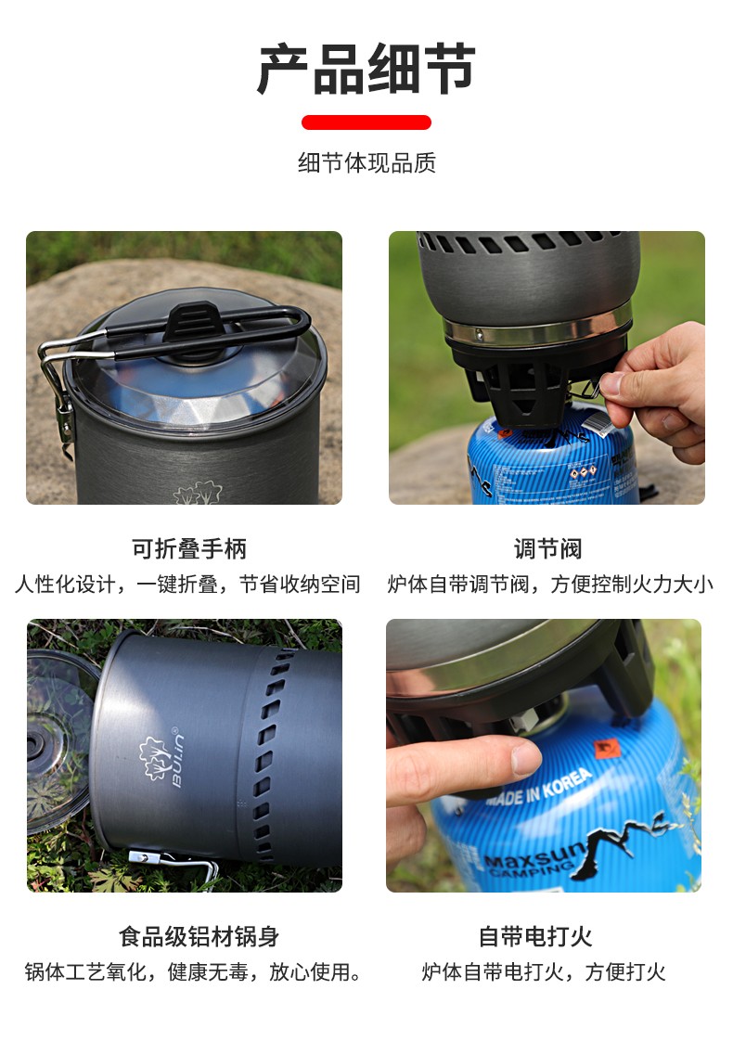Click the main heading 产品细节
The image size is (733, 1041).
point(366,70)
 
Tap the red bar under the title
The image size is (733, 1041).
point(366,122)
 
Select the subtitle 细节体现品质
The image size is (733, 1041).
point(366,163)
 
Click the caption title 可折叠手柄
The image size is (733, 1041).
point(188,548)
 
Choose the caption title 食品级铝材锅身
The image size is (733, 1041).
point(199,936)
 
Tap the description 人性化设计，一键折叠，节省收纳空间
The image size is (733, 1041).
point(187,585)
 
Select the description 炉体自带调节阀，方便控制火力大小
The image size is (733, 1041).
point(549,585)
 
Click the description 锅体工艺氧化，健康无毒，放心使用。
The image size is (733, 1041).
point(193,972)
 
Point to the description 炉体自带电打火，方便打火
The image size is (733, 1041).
point(543,972)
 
